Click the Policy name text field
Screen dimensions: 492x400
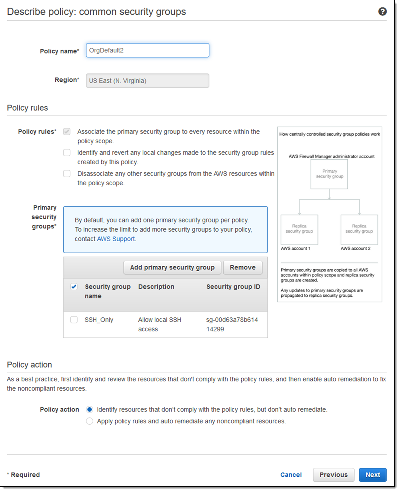click(x=147, y=50)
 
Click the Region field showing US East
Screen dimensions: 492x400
click(x=147, y=80)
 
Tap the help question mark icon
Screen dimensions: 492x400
click(x=382, y=11)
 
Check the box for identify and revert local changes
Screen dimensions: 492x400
click(x=67, y=153)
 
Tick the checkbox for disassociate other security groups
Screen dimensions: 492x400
click(x=67, y=174)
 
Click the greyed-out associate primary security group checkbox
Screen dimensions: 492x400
click(x=67, y=132)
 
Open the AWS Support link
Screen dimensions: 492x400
click(x=116, y=239)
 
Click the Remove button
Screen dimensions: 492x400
click(x=243, y=267)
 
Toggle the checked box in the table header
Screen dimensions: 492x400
click(x=74, y=287)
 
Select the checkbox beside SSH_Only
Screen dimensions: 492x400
click(x=74, y=320)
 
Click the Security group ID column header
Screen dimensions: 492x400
click(x=233, y=287)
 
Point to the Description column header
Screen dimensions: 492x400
click(x=156, y=287)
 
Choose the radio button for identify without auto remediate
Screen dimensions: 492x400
click(x=90, y=410)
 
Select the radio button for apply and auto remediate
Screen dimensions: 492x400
click(x=90, y=421)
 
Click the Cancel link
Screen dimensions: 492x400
click(x=291, y=475)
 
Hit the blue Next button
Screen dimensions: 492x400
click(x=373, y=475)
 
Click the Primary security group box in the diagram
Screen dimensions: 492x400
click(x=329, y=174)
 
